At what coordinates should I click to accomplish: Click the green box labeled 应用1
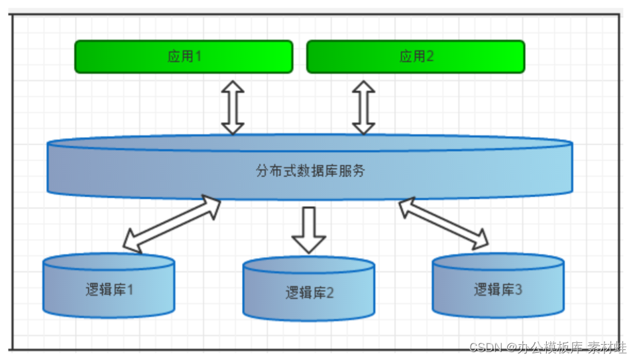pyautogui.click(x=184, y=56)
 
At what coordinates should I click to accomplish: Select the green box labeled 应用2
pyautogui.click(x=416, y=56)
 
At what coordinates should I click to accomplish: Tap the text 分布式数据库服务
pyautogui.click(x=310, y=171)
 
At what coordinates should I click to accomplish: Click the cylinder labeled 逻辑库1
pyautogui.click(x=109, y=290)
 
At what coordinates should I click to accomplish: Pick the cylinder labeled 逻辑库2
pyautogui.click(x=309, y=292)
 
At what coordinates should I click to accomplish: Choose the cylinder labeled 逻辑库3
pyautogui.click(x=498, y=290)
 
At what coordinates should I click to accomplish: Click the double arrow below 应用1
pyautogui.click(x=233, y=107)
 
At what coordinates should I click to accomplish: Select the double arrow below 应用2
pyautogui.click(x=363, y=107)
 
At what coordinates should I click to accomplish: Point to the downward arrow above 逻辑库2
pyautogui.click(x=309, y=229)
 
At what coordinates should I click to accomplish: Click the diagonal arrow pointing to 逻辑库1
pyautogui.click(x=172, y=224)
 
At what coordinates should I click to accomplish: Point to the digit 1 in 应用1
pyautogui.click(x=198, y=56)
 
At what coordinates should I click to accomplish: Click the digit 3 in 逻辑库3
pyautogui.click(x=518, y=290)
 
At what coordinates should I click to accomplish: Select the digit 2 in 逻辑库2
pyautogui.click(x=330, y=292)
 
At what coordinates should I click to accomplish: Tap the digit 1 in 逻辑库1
pyautogui.click(x=130, y=290)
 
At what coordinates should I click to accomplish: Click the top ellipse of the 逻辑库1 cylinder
pyautogui.click(x=109, y=263)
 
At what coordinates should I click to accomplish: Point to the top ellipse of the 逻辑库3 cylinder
pyautogui.click(x=498, y=263)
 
